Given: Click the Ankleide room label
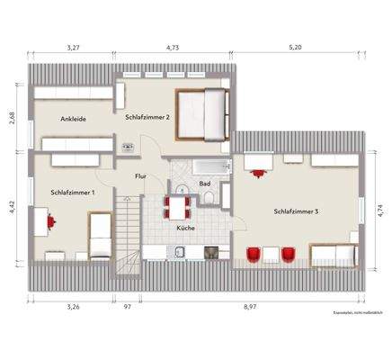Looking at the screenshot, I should point(74,118).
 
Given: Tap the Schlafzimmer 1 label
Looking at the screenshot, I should point(69,192).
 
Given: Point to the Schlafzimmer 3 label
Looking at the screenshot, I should point(298,211).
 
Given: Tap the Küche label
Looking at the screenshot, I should point(186,229).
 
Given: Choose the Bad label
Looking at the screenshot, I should point(205,184).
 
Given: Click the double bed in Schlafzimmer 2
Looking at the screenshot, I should point(201,114).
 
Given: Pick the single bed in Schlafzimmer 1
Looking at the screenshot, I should point(101,235).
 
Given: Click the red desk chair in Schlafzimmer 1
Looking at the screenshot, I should point(51,219).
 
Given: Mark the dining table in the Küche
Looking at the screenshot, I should point(177,209).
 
